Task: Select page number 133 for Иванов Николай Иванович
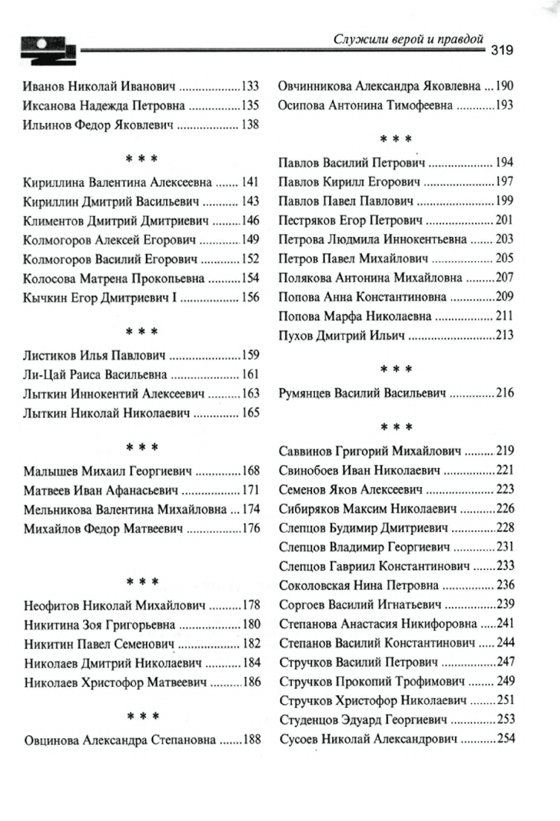pos(250,86)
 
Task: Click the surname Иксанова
pos(49,106)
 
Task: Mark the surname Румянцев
pos(305,393)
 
